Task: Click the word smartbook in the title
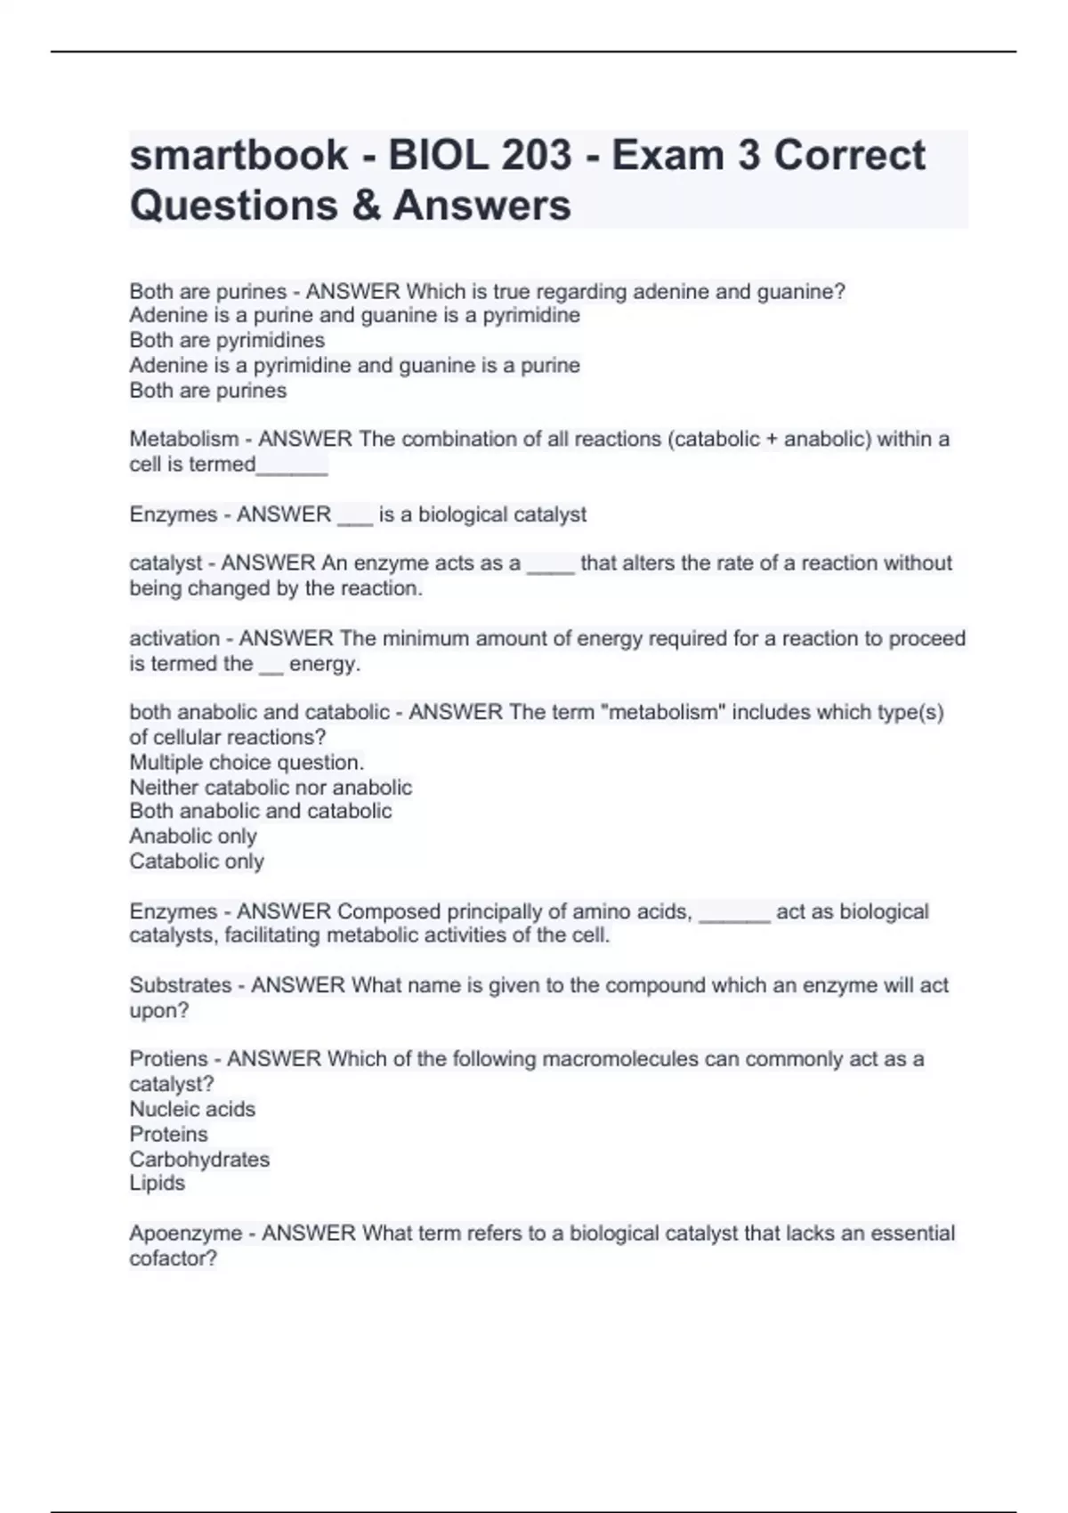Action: [239, 156]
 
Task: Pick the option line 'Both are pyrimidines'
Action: [227, 340]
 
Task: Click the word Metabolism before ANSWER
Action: [183, 439]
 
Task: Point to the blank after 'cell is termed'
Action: [292, 466]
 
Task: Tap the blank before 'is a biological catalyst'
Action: [355, 516]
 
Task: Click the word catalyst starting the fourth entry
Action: [166, 563]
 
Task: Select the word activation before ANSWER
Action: [175, 638]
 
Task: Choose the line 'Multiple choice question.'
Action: [247, 763]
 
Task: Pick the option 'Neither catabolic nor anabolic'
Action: [271, 788]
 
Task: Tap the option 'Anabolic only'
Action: [193, 837]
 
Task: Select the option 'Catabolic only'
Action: [197, 862]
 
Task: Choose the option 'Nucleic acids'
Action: [192, 1109]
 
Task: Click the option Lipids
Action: [157, 1183]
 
